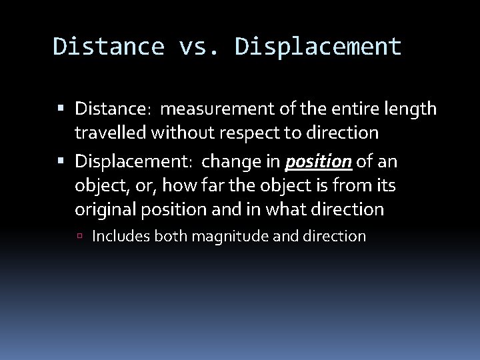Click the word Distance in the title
point(109,47)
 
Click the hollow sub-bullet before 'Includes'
point(83,235)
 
